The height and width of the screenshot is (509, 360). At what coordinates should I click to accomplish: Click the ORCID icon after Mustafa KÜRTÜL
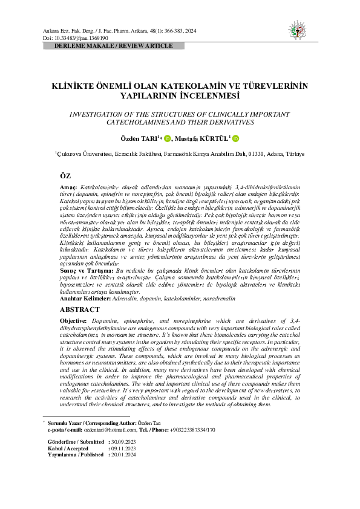click(235, 138)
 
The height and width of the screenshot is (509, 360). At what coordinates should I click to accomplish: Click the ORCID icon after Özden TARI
click(166, 138)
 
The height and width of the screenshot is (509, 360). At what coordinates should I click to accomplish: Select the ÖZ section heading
click(65, 175)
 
